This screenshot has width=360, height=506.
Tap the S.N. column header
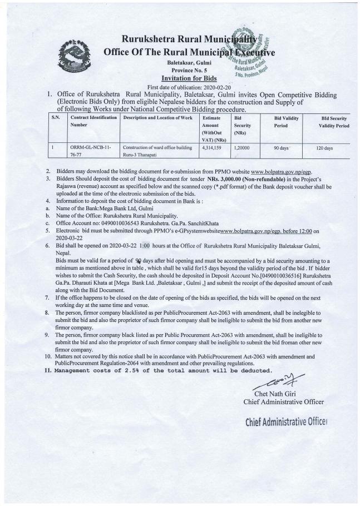tap(55, 119)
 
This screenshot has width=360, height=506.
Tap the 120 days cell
tap(325, 149)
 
